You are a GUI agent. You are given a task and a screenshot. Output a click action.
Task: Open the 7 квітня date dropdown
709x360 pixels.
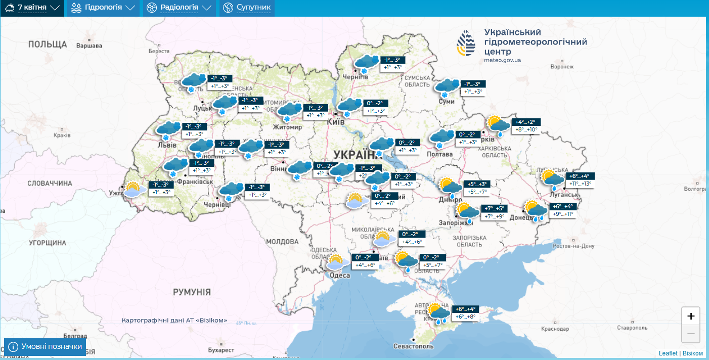pyautogui.click(x=32, y=8)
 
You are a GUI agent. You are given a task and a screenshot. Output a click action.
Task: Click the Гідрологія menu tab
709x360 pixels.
pyautogui.click(x=103, y=8)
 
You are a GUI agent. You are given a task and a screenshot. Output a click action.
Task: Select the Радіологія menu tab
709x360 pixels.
pyautogui.click(x=179, y=8)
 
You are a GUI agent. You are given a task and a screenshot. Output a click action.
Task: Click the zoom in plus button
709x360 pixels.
pyautogui.click(x=691, y=316)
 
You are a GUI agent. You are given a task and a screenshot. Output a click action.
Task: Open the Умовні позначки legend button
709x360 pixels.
pyautogui.click(x=45, y=346)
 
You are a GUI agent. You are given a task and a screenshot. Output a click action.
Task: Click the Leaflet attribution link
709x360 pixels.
pyautogui.click(x=668, y=353)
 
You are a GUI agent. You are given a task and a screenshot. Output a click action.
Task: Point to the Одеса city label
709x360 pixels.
pyautogui.click(x=340, y=275)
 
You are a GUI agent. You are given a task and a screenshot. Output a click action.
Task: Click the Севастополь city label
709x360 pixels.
pyautogui.click(x=413, y=347)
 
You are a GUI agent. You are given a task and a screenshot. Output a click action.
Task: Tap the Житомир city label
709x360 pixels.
pyautogui.click(x=287, y=127)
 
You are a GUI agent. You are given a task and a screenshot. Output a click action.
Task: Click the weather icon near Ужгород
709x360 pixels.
pyautogui.click(x=133, y=190)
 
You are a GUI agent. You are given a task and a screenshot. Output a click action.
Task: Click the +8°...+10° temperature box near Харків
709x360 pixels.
pyautogui.click(x=526, y=129)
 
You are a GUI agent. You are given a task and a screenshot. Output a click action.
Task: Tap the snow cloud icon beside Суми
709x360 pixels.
pyautogui.click(x=447, y=87)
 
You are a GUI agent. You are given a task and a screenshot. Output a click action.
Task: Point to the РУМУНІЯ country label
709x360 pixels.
pyautogui.click(x=192, y=292)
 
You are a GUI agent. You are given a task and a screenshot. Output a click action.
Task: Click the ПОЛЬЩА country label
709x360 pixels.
pyautogui.click(x=48, y=44)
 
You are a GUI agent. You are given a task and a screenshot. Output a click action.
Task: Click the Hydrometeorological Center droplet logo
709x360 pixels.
pyautogui.click(x=466, y=42)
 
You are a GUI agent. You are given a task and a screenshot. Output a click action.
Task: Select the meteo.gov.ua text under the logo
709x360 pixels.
pyautogui.click(x=502, y=60)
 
